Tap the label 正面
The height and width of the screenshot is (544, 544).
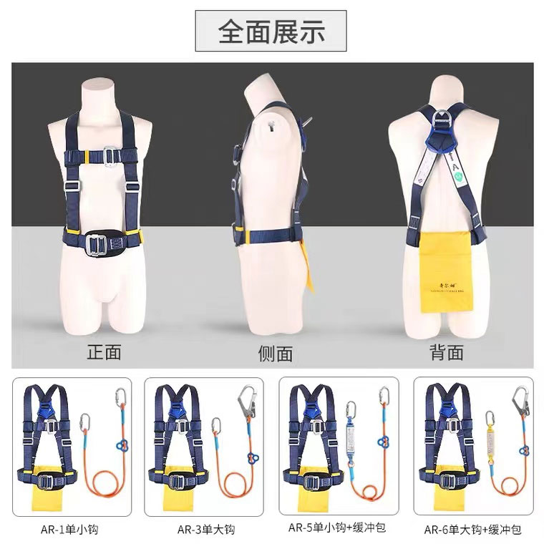tap(105, 351)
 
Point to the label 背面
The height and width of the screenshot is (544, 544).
tap(446, 351)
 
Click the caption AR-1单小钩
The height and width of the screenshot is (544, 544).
tap(69, 530)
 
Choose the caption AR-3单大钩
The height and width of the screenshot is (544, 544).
tap(205, 530)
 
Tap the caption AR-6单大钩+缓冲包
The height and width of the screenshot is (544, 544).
tap(472, 530)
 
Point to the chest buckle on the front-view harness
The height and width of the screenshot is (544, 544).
tap(112, 153)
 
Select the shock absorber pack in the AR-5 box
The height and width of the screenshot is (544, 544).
tap(352, 432)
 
